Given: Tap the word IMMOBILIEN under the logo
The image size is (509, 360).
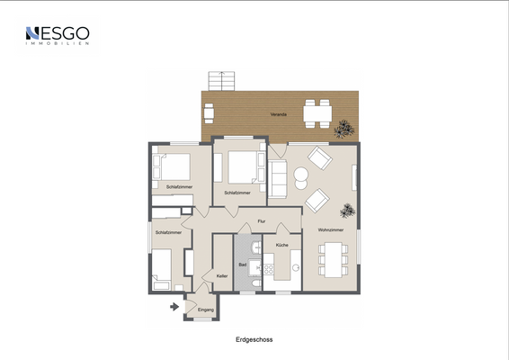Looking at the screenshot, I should tap(58, 45).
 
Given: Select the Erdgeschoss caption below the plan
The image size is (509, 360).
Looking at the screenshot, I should tap(254, 340).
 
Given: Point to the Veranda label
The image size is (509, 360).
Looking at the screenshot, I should tap(279, 115).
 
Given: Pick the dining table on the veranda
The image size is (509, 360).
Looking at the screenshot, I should tap(317, 112).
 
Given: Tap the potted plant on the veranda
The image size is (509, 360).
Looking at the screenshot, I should tap(342, 130).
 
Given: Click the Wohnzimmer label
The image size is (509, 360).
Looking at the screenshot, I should tap(328, 231).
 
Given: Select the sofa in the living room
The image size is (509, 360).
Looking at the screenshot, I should tap(278, 177).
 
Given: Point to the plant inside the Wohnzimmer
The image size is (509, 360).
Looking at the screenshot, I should tap(346, 211).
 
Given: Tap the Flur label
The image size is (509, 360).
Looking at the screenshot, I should tap(262, 220).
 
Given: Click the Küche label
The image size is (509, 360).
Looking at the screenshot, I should tap(282, 245).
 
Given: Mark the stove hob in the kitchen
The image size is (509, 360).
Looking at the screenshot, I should tap(268, 267).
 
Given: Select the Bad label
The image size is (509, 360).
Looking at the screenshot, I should tap(242, 264).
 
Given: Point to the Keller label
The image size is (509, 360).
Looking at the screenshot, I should tap(222, 276).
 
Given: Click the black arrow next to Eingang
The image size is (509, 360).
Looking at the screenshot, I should tap(173, 307).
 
